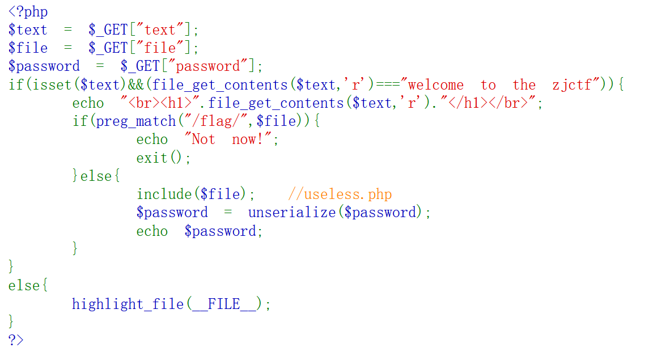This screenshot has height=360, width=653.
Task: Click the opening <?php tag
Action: [28, 12]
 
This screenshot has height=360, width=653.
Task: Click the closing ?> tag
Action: [16, 340]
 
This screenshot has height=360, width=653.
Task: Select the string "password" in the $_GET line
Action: [209, 66]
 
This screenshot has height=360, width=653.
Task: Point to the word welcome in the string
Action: [435, 85]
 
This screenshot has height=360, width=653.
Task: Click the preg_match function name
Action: [136, 121]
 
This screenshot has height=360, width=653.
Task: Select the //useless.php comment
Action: [340, 194]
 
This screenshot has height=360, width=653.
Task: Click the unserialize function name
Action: [292, 213]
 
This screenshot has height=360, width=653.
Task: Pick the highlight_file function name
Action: [128, 304]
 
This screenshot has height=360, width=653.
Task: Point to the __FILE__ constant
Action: [224, 304]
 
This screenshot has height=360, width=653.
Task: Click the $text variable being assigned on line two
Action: [28, 30]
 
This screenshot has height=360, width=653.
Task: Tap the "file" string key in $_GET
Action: [160, 48]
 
